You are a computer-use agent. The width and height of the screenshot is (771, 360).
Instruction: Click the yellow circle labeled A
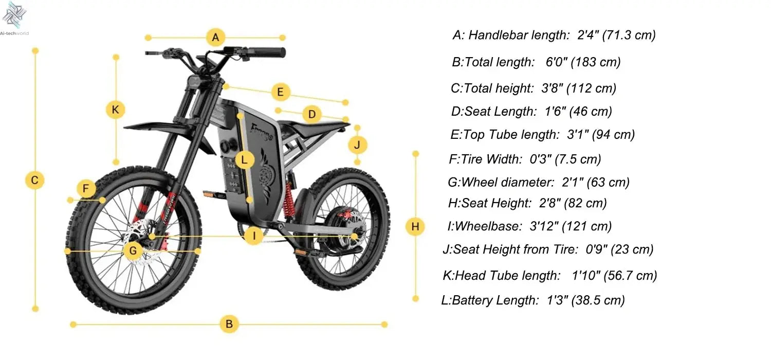click(x=216, y=38)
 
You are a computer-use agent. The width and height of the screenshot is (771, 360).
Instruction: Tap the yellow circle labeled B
click(x=229, y=325)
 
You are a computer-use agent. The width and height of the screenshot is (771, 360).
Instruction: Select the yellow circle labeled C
click(x=35, y=180)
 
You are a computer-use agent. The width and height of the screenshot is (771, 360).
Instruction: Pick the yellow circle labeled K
click(x=116, y=110)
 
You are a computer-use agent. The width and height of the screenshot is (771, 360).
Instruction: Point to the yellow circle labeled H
click(x=415, y=226)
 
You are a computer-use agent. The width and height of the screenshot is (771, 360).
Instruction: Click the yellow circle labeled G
click(x=133, y=251)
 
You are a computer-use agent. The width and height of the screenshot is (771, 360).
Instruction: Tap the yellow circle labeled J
click(x=358, y=145)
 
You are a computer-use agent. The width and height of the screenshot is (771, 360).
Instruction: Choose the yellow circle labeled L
click(x=245, y=160)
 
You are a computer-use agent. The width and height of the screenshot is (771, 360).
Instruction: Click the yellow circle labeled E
click(x=280, y=93)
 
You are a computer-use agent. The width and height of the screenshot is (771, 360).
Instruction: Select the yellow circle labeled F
click(x=86, y=189)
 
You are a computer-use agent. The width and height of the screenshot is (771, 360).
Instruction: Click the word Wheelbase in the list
click(x=483, y=226)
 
